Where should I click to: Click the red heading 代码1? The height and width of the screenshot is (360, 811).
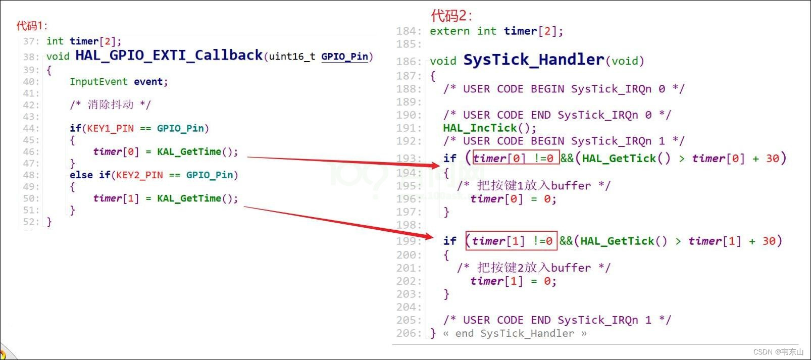coord(32,25)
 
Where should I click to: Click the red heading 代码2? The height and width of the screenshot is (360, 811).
coord(451,16)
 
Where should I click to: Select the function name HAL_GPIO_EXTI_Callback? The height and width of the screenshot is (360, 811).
coord(169,55)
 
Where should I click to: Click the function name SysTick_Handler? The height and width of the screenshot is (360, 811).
coord(533,60)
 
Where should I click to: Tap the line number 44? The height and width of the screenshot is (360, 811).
coord(30,128)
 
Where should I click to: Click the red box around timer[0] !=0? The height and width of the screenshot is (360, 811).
coord(515,158)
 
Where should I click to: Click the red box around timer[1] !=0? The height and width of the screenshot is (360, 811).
coord(511,241)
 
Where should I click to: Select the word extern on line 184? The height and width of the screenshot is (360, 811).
coord(449,31)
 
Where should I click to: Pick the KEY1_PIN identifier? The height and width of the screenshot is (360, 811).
coord(110,128)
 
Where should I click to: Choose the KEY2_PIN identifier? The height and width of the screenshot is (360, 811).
coord(139,175)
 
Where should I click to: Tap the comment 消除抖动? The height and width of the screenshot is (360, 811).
coord(110,105)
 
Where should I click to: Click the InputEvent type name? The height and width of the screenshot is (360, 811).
coord(98,82)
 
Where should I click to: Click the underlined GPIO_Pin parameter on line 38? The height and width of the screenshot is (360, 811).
coord(344,57)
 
